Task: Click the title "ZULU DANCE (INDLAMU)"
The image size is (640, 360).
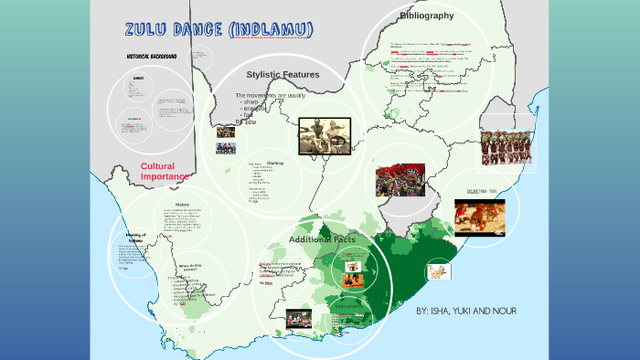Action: [219, 30]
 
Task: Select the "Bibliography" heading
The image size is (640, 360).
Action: [426, 16]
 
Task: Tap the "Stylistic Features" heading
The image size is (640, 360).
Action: [283, 74]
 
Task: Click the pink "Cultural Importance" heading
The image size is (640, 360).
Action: [165, 171]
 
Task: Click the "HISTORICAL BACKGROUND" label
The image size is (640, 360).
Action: [164, 57]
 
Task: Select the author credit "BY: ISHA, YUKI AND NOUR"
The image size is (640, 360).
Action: [466, 312]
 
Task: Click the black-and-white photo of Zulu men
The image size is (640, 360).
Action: [325, 136]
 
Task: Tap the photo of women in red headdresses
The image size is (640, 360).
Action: [400, 180]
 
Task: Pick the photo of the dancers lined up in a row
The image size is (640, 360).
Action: [506, 147]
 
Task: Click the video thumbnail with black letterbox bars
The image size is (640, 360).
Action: [479, 217]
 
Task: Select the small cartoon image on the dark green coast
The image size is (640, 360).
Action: [440, 271]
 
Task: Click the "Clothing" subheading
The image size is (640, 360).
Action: [274, 163]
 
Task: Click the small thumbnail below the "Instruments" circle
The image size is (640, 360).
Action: [298, 319]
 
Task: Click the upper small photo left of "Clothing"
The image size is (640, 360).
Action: [226, 132]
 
